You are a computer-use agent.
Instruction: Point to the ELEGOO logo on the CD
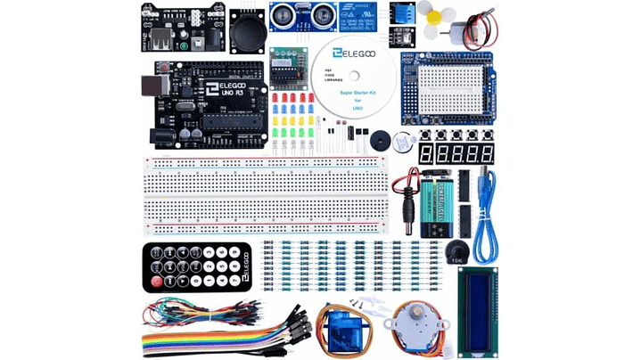pos(349,55)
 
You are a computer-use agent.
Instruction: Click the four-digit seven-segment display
pos(456,153)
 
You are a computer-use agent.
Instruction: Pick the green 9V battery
pos(447,206)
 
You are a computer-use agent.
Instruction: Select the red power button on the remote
pos(157,282)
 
